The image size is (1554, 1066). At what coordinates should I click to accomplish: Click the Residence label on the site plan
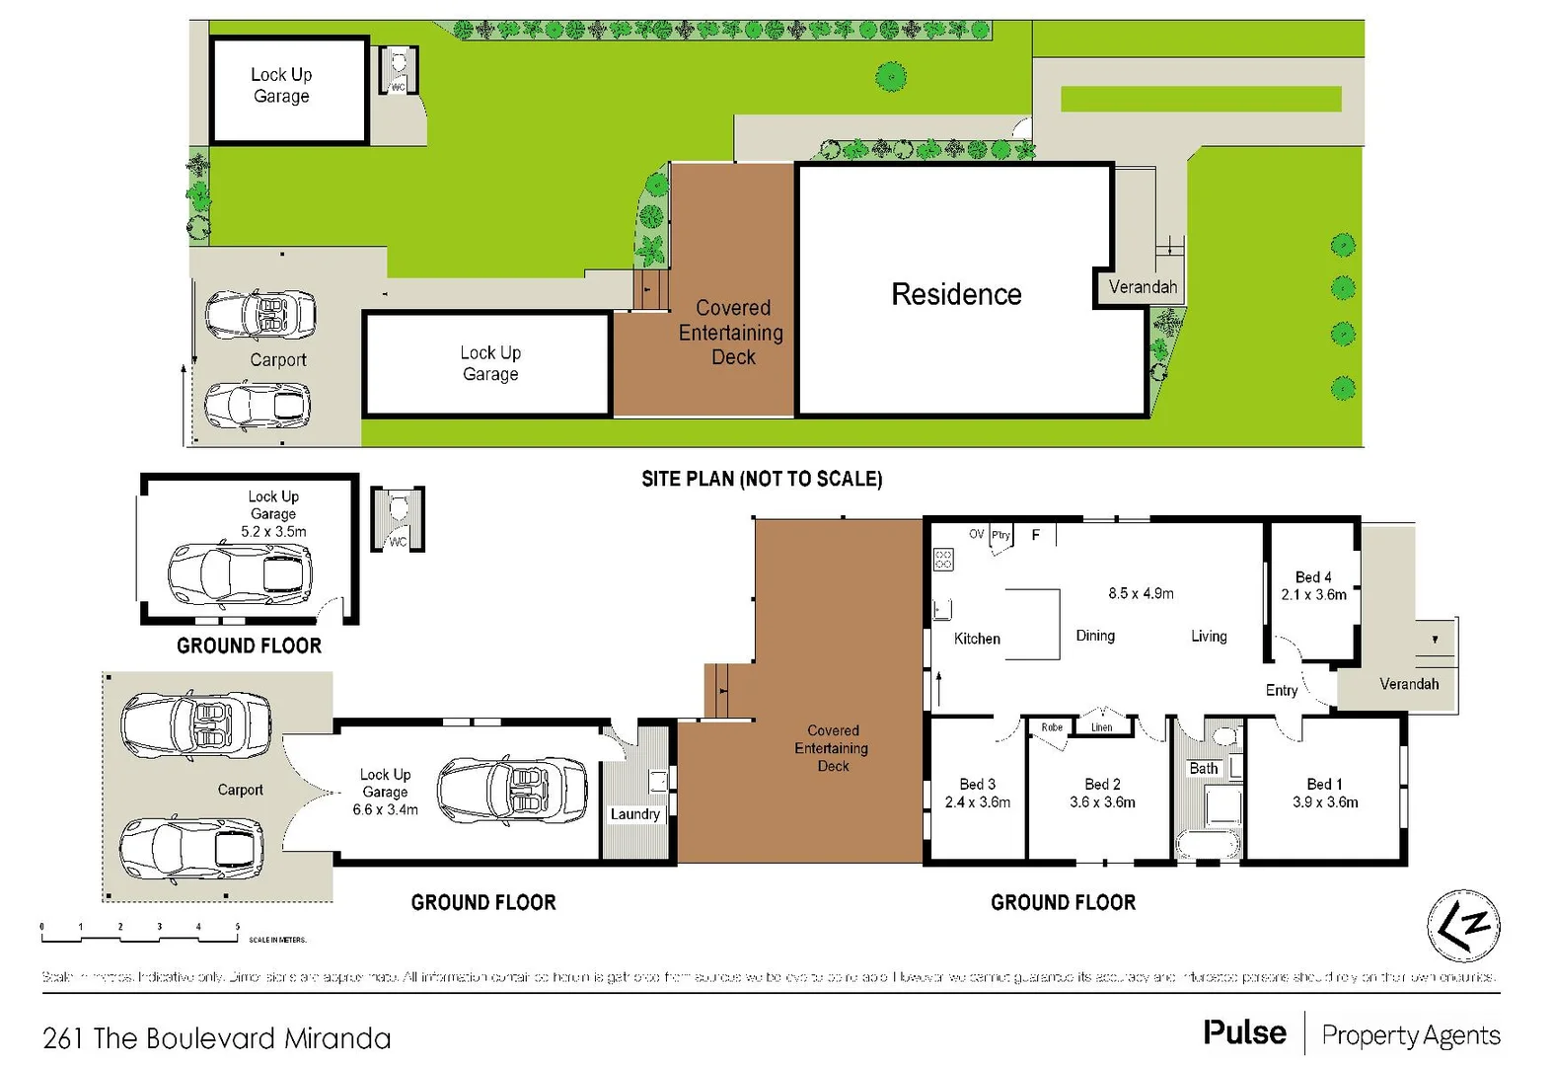coord(956,294)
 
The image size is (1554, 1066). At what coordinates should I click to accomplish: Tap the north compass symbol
coord(1463,926)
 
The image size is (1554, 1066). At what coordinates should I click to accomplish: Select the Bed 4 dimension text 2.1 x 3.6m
coord(1313,595)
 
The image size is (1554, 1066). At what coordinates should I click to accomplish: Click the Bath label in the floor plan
coord(1203,768)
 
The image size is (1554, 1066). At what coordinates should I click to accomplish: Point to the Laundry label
coord(634,814)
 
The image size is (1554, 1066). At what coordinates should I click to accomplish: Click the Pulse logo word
coord(1244,1032)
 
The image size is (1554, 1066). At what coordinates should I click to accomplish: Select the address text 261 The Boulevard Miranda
coord(217,1038)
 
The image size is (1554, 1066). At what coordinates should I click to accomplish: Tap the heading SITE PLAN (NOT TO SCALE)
coord(762,479)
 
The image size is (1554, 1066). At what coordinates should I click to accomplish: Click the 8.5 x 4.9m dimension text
coord(1141,593)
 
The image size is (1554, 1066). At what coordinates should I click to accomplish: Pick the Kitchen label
coord(977,639)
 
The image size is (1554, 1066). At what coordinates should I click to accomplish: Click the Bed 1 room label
coord(1324,784)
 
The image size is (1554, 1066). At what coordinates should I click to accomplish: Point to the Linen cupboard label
coord(1101,727)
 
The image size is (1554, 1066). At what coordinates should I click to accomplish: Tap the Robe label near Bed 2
coord(1052,727)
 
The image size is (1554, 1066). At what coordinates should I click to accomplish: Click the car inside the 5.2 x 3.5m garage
coord(240,573)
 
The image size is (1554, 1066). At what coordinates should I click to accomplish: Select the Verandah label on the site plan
coord(1143,287)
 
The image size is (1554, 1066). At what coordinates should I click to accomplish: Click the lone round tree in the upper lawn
coord(891,76)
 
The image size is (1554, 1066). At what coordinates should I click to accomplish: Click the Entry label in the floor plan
coord(1281,690)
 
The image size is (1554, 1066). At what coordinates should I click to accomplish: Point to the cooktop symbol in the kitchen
coord(943,561)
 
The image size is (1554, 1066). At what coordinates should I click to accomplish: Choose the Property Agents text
coord(1410,1034)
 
